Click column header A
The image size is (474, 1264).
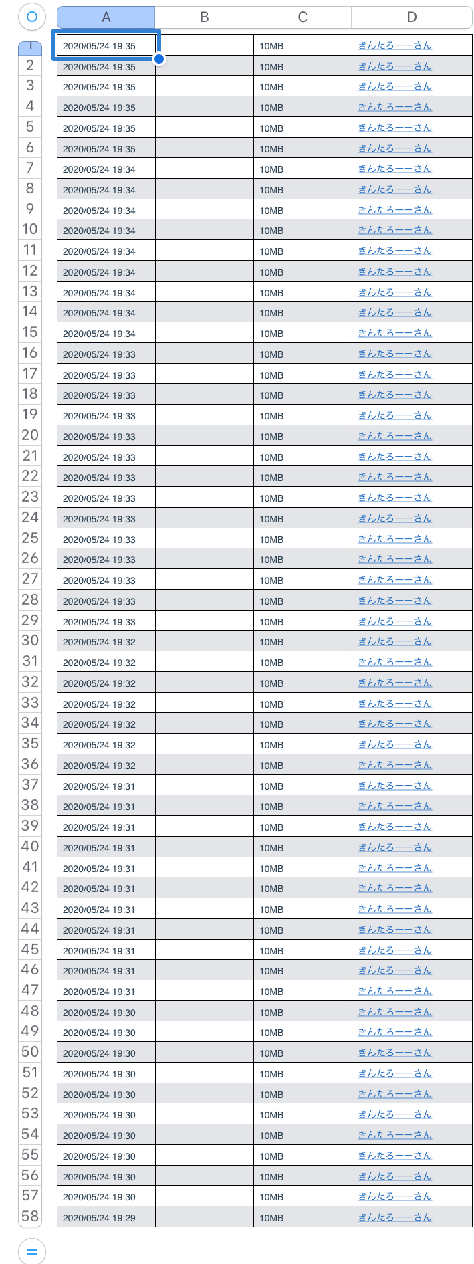point(106,17)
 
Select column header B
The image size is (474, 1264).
point(204,17)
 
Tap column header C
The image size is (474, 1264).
point(302,17)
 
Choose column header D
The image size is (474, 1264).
point(411,17)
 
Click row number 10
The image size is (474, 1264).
point(30,229)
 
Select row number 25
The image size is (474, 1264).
point(30,538)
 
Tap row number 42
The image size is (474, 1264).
point(30,887)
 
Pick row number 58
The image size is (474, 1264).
point(30,1217)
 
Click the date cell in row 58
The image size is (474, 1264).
point(99,1218)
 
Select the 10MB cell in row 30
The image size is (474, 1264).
point(271,642)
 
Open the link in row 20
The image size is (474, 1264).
point(394,436)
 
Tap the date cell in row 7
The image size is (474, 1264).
point(99,169)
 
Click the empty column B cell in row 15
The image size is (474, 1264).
point(204,333)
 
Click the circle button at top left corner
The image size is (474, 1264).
point(31,17)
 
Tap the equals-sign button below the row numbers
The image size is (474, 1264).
point(31,1251)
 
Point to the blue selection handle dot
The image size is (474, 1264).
point(159,59)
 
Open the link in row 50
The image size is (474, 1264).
point(394,1053)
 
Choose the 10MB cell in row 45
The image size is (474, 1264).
point(271,951)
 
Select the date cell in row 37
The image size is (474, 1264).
point(99,786)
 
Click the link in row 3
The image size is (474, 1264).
point(394,86)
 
